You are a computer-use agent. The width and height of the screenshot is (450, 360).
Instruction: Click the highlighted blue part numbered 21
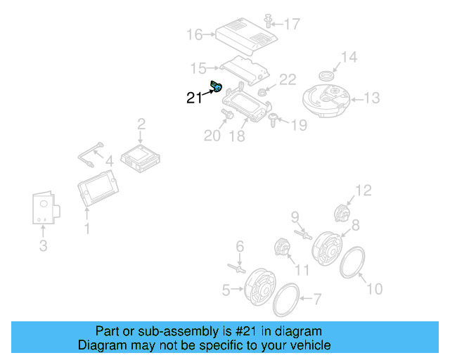[217, 88]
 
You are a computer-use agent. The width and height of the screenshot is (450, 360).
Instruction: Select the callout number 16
[195, 34]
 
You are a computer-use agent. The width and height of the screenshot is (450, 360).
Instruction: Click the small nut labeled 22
[262, 91]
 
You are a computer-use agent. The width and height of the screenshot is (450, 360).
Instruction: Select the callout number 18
[238, 136]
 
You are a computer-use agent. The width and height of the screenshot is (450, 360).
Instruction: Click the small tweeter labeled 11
[282, 249]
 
